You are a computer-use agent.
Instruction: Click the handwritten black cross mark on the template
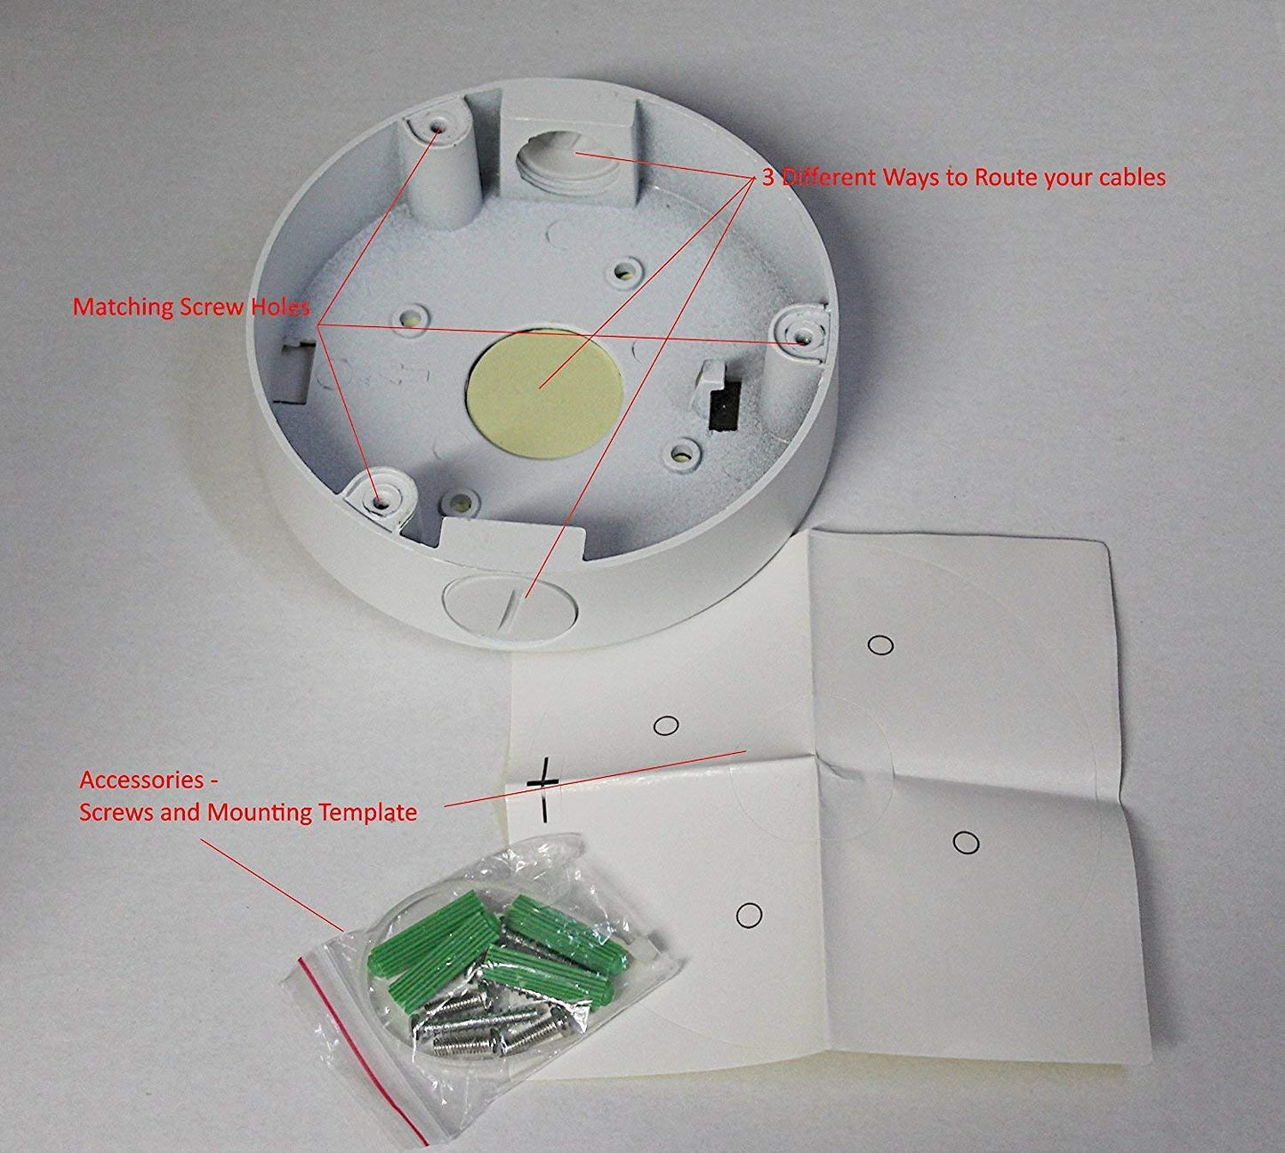[543, 789]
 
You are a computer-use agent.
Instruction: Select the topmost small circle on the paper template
[880, 645]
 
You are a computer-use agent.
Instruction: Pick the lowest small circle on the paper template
[749, 915]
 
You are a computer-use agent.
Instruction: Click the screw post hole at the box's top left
[438, 127]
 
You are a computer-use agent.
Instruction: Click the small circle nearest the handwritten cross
[665, 725]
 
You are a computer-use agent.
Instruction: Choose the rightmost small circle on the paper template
[966, 843]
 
